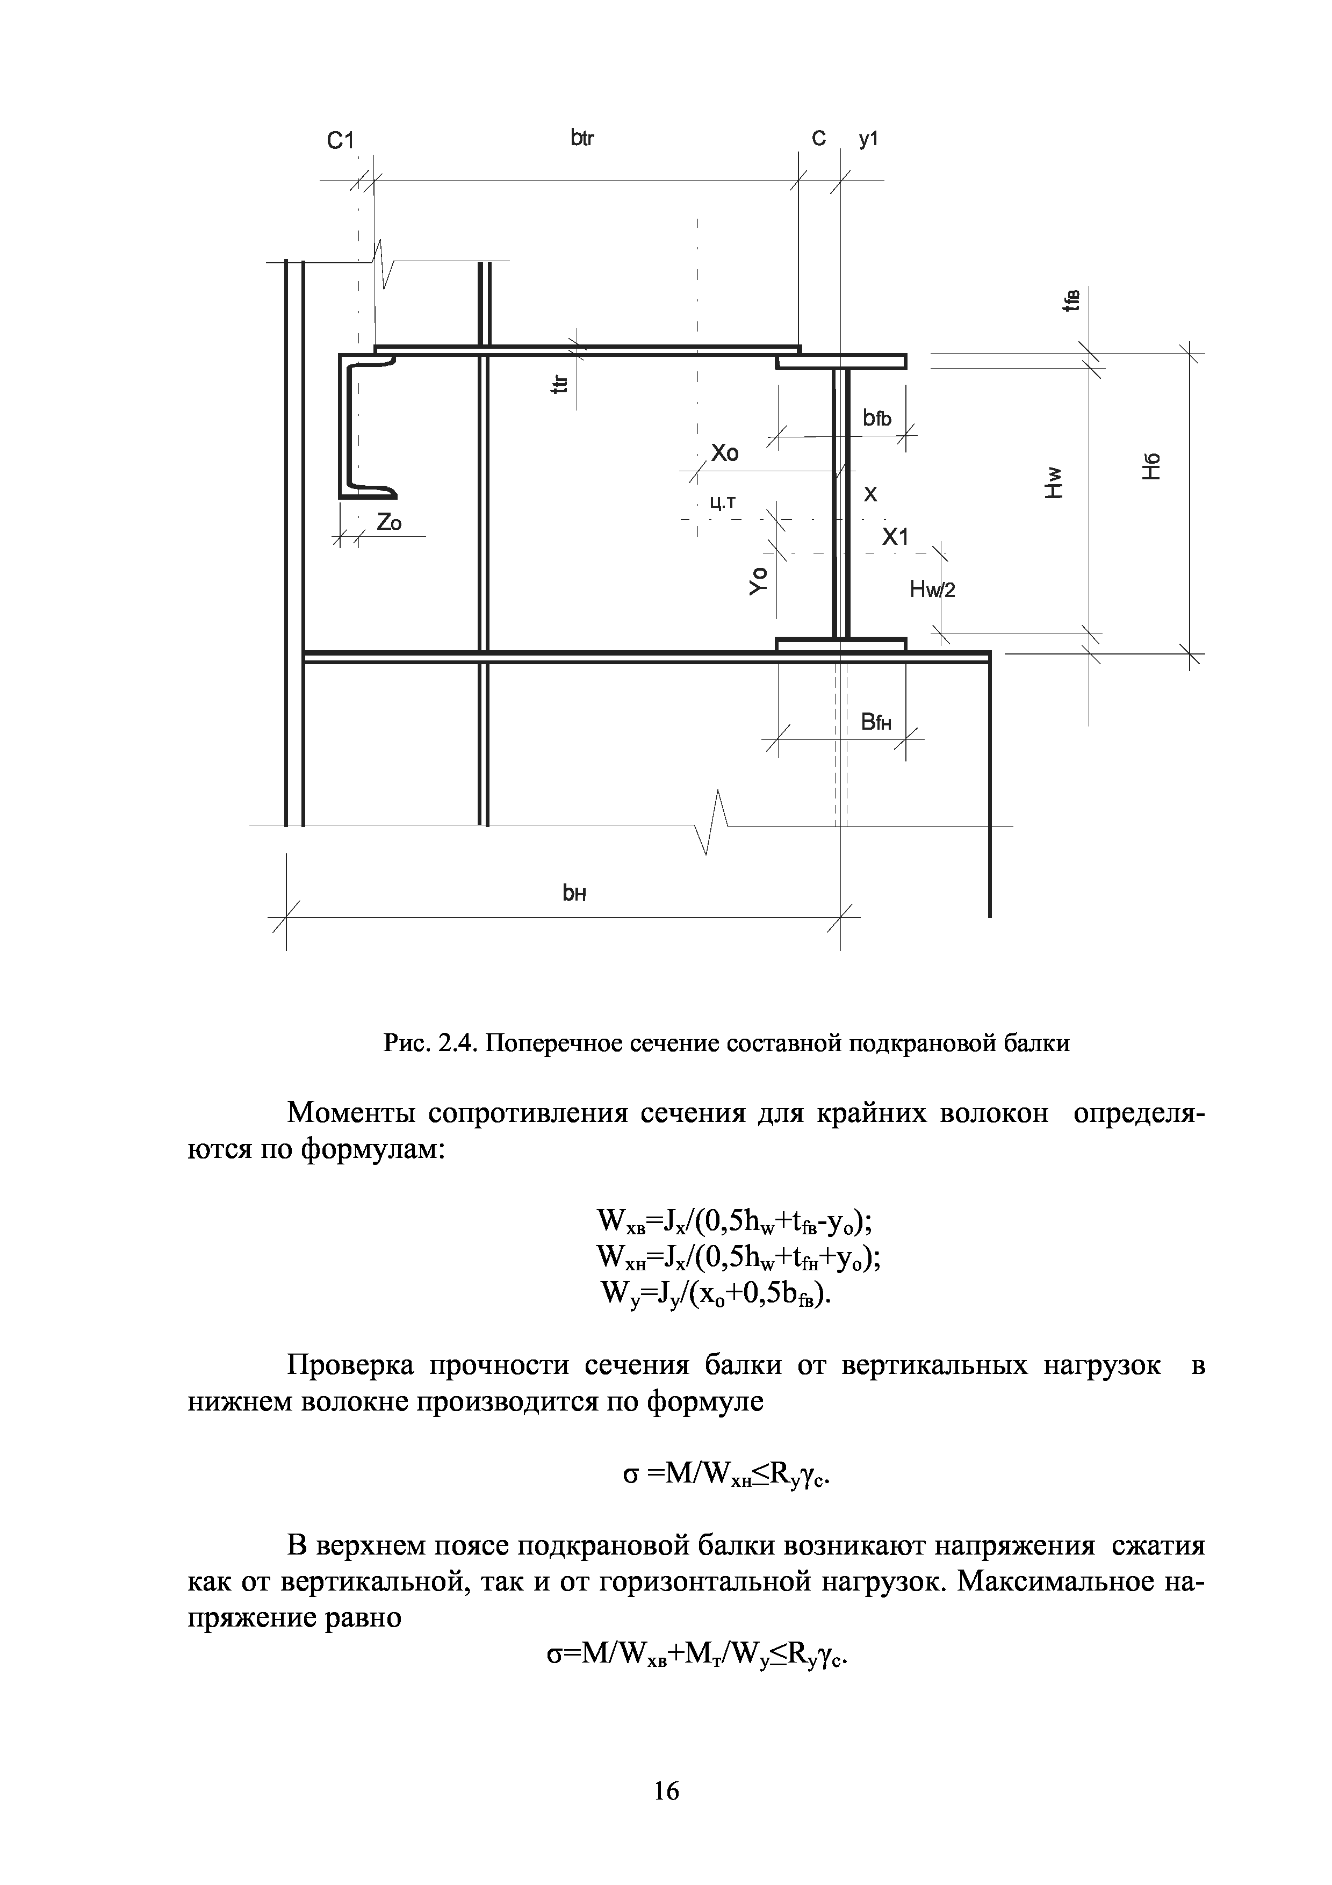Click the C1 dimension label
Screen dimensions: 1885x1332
click(x=339, y=141)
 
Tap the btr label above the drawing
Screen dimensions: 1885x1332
click(x=582, y=139)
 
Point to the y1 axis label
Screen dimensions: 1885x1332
click(x=868, y=140)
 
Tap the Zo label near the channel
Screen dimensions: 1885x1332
click(x=389, y=522)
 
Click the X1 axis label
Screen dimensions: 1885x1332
click(x=895, y=538)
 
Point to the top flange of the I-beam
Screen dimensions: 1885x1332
click(x=841, y=361)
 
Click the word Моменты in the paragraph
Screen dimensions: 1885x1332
click(x=353, y=1114)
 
